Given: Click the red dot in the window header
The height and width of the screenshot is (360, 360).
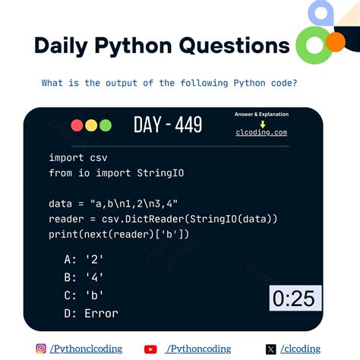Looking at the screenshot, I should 77,126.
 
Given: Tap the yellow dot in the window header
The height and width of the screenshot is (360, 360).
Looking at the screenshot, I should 90,126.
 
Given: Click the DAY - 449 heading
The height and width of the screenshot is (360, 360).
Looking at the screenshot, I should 167,125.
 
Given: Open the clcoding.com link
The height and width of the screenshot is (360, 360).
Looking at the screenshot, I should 261,132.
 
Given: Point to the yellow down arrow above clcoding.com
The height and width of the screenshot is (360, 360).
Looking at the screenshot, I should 262,123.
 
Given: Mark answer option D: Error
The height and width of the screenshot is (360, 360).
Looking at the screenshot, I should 91,313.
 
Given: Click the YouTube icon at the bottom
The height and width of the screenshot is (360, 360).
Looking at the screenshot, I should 150,349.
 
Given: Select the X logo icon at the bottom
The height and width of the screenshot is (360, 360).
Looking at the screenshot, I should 271,349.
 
